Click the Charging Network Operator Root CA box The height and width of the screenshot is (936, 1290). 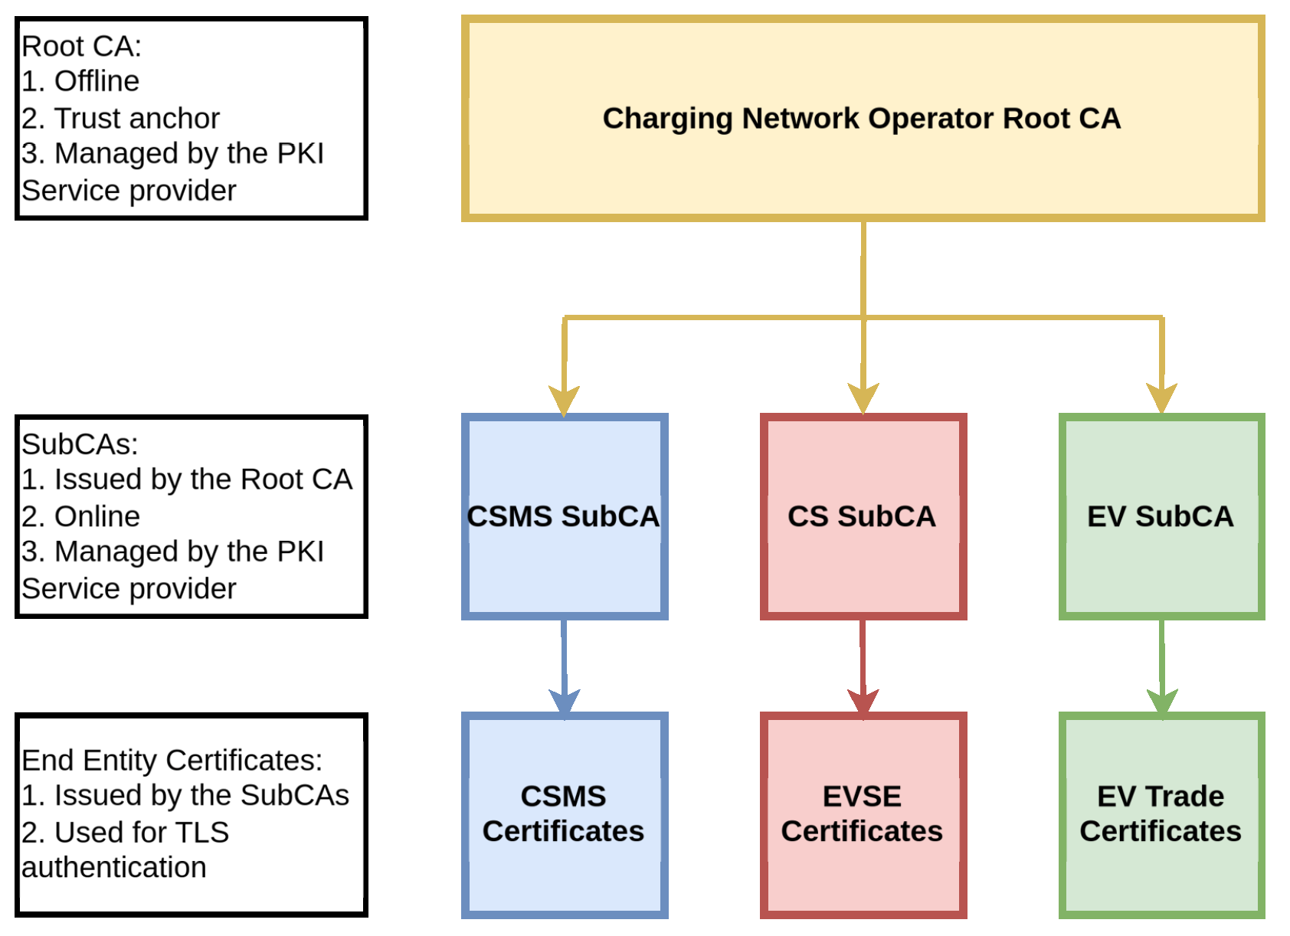point(863,119)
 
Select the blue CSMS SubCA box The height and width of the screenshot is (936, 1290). point(564,516)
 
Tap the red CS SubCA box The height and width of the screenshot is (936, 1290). point(863,516)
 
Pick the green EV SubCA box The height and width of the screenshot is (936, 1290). point(1161,516)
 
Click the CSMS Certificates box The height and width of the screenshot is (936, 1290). point(564,814)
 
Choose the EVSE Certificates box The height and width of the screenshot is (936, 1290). point(863,814)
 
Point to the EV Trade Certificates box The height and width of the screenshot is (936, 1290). point(1161,814)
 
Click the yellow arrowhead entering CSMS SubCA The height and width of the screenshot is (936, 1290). point(564,400)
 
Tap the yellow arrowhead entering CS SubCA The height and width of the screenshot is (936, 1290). point(863,398)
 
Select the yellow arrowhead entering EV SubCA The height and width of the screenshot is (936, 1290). point(1162,398)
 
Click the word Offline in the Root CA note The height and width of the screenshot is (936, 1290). point(97,81)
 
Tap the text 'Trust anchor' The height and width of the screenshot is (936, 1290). point(136,119)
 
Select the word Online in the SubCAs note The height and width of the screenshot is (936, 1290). point(97,516)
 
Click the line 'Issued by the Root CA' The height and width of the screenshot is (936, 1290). point(202,479)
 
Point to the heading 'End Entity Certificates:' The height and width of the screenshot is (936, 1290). point(172,761)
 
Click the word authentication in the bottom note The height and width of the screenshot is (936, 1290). point(113,868)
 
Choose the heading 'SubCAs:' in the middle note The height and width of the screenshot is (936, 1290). point(80,444)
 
